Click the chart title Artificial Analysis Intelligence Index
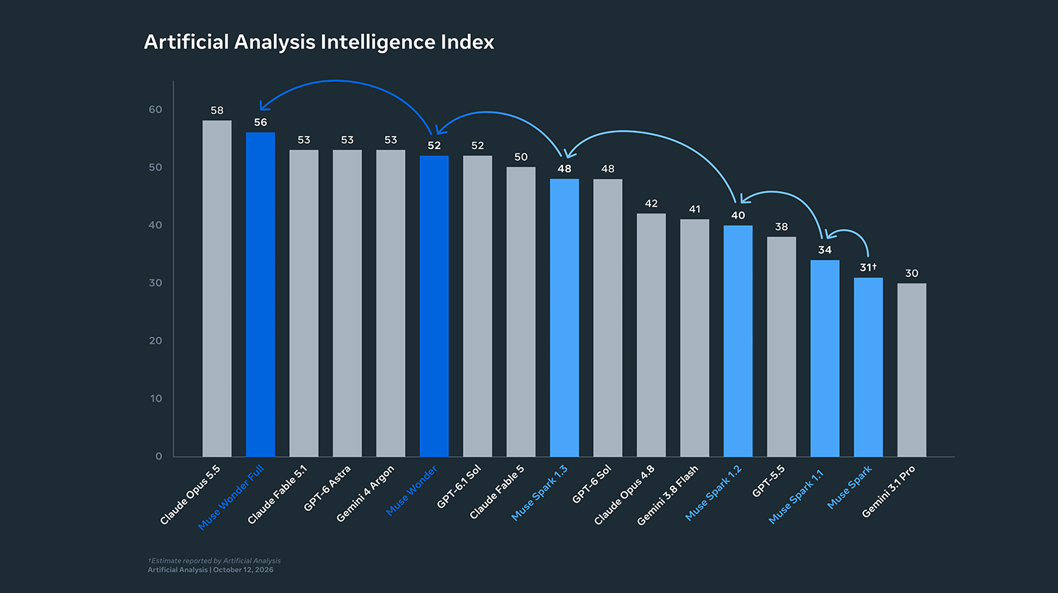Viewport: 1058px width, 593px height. tap(319, 43)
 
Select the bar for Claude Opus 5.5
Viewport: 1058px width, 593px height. tap(217, 289)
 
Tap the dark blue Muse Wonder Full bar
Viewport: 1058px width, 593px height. tap(260, 294)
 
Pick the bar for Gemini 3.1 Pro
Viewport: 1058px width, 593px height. tap(911, 370)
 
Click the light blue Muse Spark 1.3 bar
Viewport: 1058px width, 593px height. tap(565, 318)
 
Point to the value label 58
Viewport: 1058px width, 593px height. tap(217, 110)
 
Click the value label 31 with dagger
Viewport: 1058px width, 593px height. tap(868, 267)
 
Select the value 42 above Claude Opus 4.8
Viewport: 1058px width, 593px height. tap(651, 203)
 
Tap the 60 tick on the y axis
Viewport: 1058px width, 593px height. tap(156, 110)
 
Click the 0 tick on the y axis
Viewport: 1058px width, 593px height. tap(158, 456)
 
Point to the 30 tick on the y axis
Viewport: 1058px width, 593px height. tap(156, 283)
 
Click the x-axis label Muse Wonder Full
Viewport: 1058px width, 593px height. tap(230, 498)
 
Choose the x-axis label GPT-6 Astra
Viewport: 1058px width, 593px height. tap(327, 488)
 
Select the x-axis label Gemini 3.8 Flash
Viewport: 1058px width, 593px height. tap(667, 495)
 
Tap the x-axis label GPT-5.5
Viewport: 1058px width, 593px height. tap(768, 481)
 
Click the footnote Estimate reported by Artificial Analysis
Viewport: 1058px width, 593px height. tap(214, 561)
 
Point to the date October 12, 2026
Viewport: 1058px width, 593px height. tap(243, 570)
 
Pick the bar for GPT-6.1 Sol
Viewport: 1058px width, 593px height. tap(477, 306)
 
